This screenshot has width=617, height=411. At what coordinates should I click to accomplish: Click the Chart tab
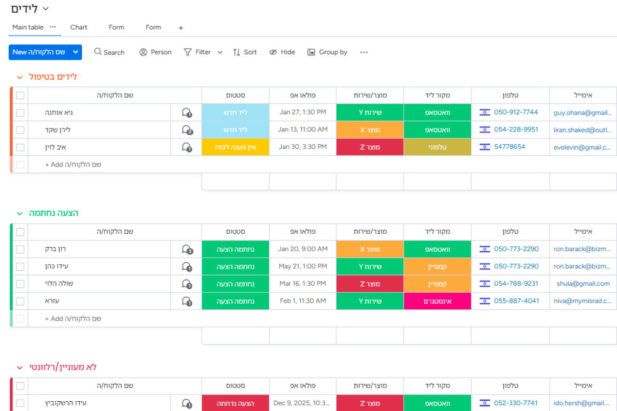[79, 27]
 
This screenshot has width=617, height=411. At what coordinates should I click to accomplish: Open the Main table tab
[28, 27]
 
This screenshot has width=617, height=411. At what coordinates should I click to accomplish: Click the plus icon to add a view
[180, 28]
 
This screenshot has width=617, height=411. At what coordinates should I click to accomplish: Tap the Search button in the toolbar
[110, 52]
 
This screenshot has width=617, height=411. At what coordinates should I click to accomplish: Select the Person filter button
[155, 52]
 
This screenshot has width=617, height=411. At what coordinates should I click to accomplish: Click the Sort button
[245, 52]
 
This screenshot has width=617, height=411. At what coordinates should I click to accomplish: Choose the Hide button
[282, 52]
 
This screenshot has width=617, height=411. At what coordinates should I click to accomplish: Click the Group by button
[327, 52]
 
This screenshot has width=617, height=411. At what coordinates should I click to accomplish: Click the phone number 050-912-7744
[516, 113]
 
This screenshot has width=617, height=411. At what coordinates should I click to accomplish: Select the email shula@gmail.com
[583, 284]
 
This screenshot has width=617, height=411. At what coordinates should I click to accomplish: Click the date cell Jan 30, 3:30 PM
[302, 147]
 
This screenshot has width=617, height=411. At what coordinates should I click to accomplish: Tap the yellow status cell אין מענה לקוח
[235, 147]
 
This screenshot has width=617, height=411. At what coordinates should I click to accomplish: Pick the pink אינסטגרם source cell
[438, 301]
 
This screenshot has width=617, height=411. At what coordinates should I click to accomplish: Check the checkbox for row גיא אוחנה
[20, 113]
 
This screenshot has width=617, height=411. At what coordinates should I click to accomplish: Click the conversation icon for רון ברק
[187, 249]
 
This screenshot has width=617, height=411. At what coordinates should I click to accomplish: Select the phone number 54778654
[510, 147]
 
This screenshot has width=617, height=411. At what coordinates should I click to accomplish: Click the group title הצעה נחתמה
[53, 213]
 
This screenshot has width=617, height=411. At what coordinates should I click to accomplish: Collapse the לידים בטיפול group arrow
[20, 78]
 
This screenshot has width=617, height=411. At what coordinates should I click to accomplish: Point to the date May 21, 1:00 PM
[302, 266]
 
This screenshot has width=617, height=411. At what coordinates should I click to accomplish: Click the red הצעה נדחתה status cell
[235, 403]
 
